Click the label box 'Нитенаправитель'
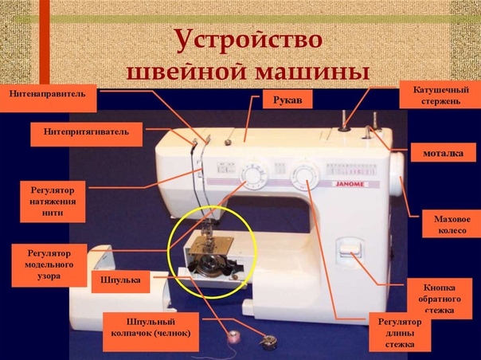coord(48,98)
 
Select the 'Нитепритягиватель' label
coord(87,134)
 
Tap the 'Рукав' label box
coord(287,99)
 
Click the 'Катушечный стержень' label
coord(440,95)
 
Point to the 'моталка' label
coord(444,152)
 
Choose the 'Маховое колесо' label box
coord(452,224)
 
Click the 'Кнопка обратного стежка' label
coord(439,299)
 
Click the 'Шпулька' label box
coord(120,281)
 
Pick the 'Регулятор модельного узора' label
coord(49,265)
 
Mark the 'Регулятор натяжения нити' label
coord(53,202)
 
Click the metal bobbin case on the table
coord(268,341)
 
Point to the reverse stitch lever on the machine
coord(350,249)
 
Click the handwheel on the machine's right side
coord(397,174)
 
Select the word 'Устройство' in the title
coord(249,41)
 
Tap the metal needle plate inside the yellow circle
coord(211,245)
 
